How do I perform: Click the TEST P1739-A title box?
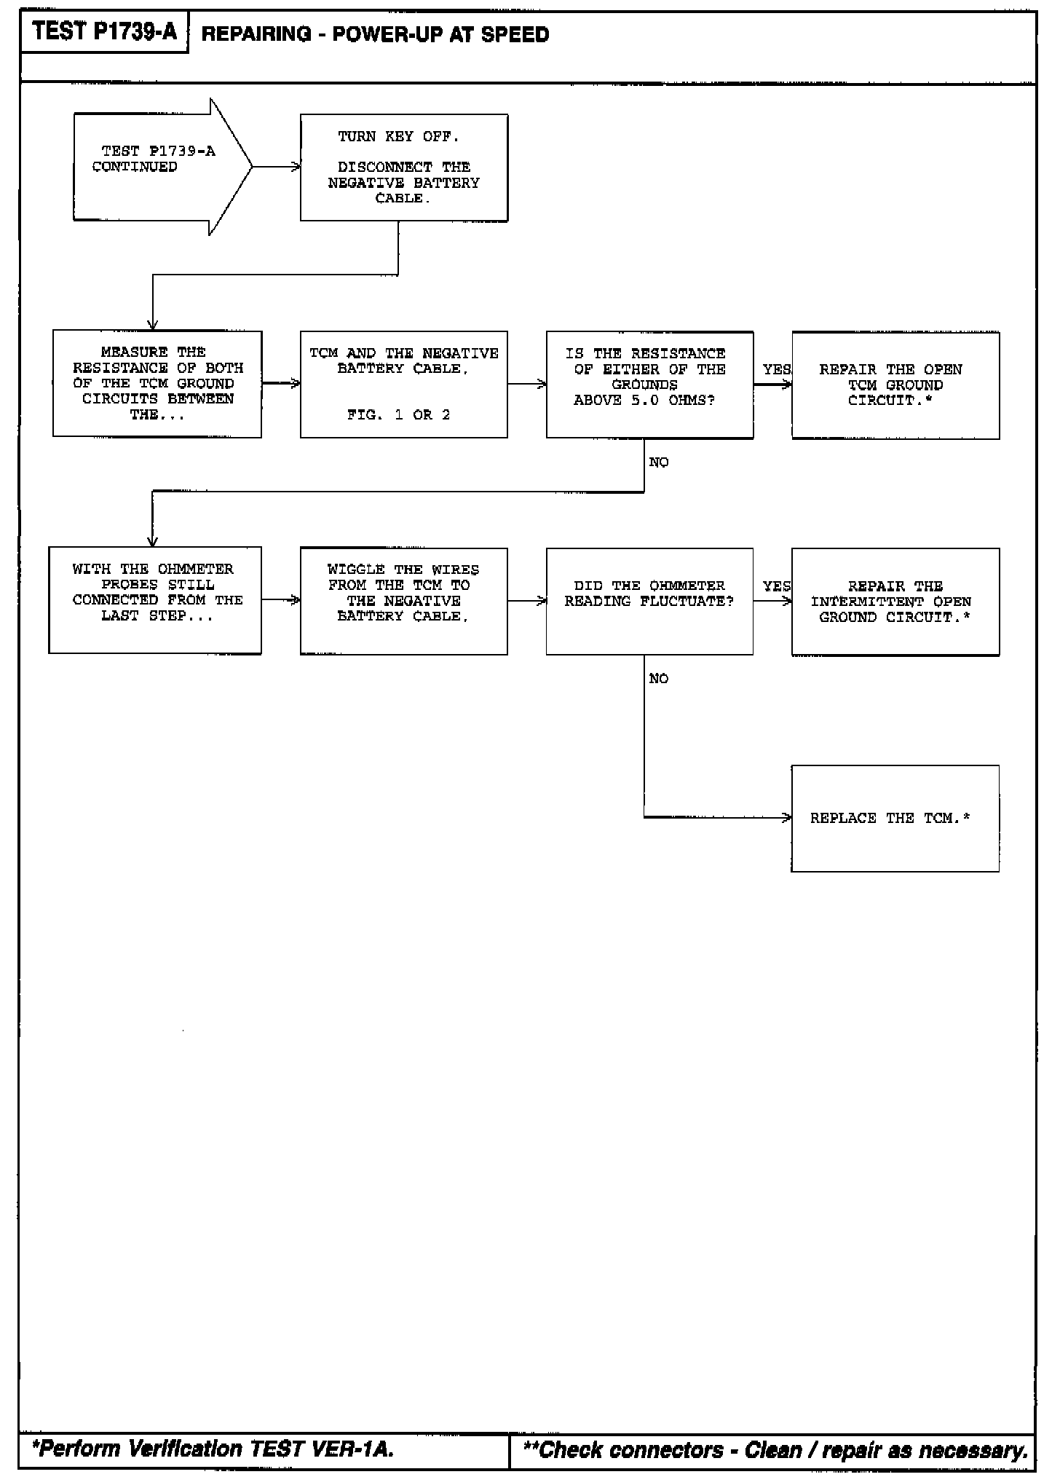tap(104, 32)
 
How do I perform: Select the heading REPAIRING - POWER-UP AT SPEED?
tap(375, 34)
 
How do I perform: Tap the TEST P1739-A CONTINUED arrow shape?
tap(160, 167)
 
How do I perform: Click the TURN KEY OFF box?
tap(404, 168)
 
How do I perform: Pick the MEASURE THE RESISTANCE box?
tap(157, 384)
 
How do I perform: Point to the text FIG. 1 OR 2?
tap(399, 415)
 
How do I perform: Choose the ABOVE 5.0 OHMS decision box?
tap(649, 384)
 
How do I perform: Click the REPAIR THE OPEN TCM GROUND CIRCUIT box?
tap(895, 385)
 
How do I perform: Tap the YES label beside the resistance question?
tap(776, 370)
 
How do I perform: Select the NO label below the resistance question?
tap(659, 462)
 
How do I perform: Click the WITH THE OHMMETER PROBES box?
tap(155, 600)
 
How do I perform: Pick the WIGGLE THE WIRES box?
tap(404, 601)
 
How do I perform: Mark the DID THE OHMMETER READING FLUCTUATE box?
tap(649, 601)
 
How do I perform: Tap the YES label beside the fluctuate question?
tap(776, 586)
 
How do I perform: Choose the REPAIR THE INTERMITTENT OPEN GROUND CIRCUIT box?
tap(895, 602)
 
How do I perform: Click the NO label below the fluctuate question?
tap(659, 679)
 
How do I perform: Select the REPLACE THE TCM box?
tap(895, 818)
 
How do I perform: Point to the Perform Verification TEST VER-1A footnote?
tap(213, 1449)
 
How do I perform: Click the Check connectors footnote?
tap(775, 1449)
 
